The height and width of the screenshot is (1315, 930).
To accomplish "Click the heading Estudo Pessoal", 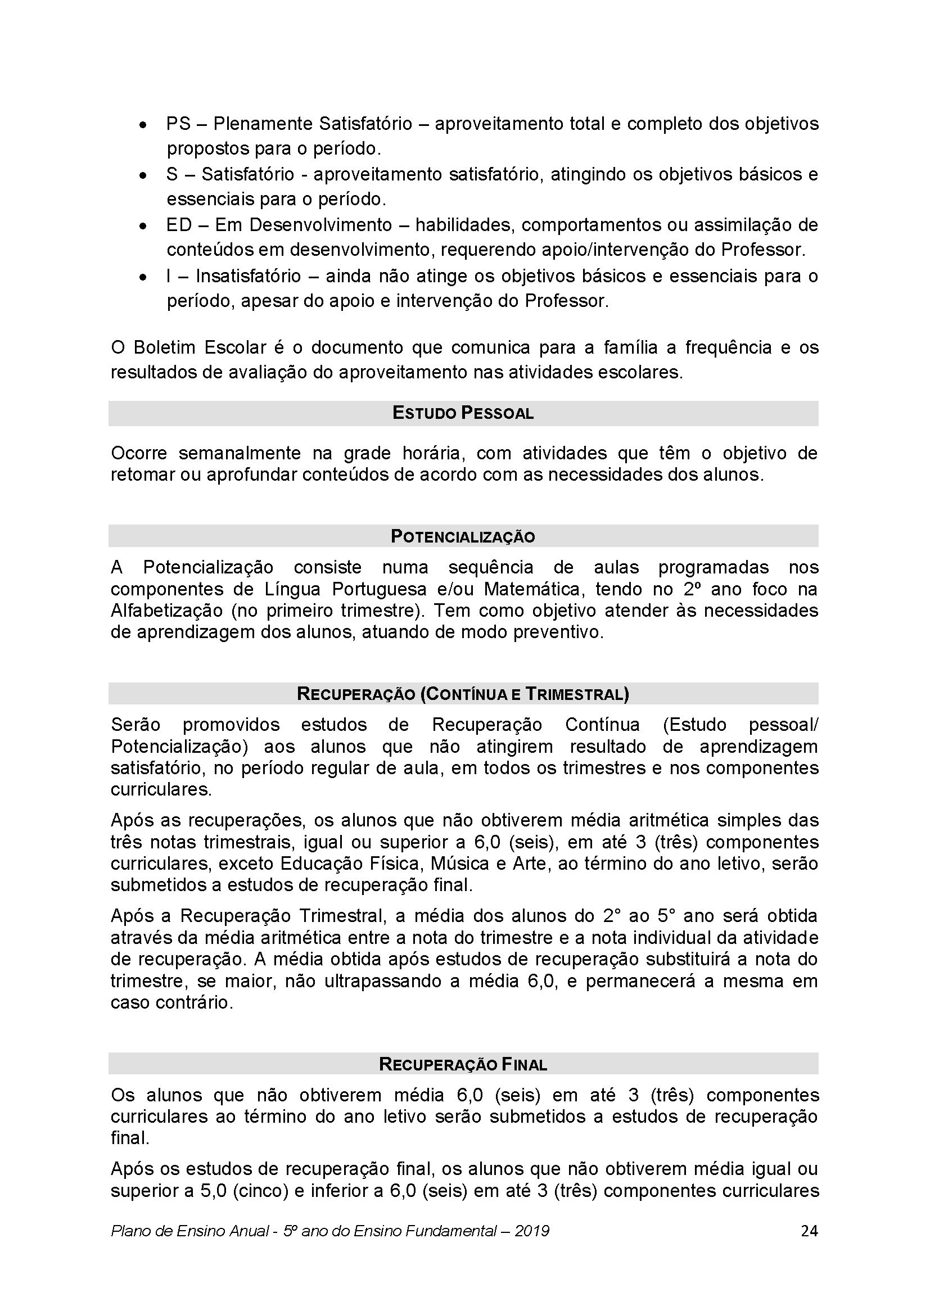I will pyautogui.click(x=463, y=413).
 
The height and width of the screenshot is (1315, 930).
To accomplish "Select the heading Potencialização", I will pyautogui.click(x=463, y=537).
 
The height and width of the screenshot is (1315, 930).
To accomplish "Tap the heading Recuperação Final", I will pyautogui.click(x=463, y=1064).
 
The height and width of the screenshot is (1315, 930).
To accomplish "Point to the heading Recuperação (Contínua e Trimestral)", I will pyautogui.click(x=463, y=694).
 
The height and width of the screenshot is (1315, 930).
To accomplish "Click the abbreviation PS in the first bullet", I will pyautogui.click(x=178, y=124).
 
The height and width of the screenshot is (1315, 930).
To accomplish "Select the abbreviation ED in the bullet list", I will pyautogui.click(x=179, y=225).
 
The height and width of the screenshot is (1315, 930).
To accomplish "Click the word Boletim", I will pyautogui.click(x=164, y=347).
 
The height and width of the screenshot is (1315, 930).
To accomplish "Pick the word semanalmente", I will pyautogui.click(x=240, y=453).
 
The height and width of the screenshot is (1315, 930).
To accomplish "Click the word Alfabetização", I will pyautogui.click(x=166, y=611).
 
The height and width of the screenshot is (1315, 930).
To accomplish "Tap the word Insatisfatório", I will pyautogui.click(x=248, y=276).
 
